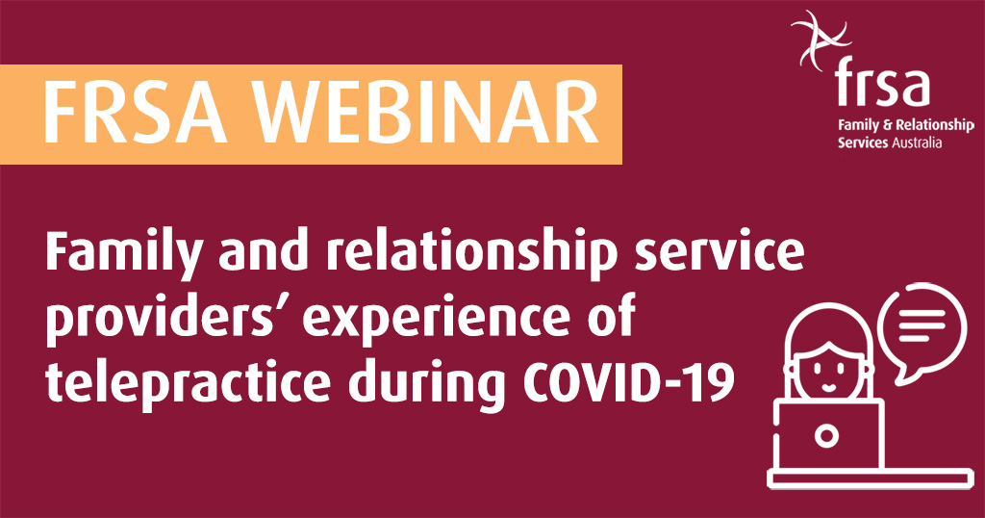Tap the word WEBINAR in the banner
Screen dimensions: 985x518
click(426, 114)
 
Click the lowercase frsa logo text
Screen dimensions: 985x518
click(882, 83)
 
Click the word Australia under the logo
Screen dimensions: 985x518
click(917, 142)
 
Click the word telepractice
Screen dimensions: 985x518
click(188, 383)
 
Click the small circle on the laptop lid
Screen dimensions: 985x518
click(826, 435)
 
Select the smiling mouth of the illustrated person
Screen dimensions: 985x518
click(828, 388)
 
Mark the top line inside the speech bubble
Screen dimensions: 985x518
click(922, 312)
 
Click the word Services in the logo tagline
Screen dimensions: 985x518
click(863, 142)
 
